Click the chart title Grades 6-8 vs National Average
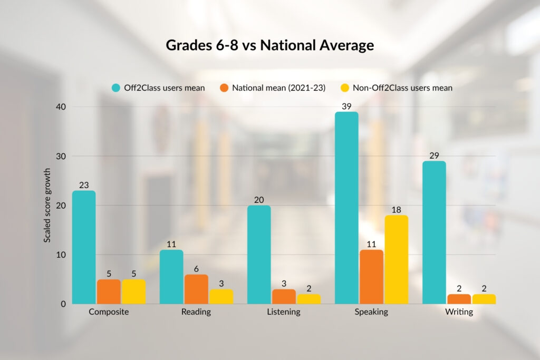point(269,45)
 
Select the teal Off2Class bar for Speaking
point(346,208)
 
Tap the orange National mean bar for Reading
point(196,289)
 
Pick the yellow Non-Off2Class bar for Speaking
point(396,260)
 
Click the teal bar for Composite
point(83,248)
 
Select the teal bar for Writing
point(434,232)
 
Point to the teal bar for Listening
point(259,255)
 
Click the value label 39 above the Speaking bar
point(346,106)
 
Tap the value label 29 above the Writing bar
point(434,155)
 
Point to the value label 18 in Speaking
point(396,209)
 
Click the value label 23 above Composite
point(83,185)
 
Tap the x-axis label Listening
point(284,312)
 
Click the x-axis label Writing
point(458,312)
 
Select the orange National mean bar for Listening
point(284,297)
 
